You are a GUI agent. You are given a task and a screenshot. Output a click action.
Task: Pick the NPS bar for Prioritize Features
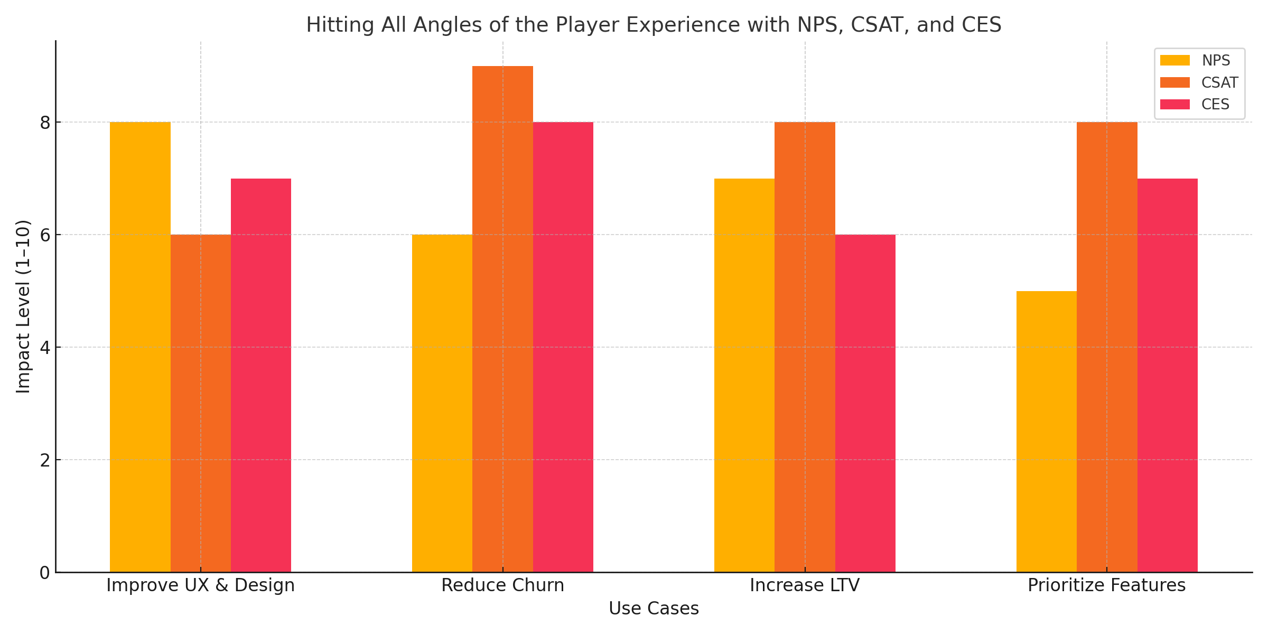(x=1046, y=431)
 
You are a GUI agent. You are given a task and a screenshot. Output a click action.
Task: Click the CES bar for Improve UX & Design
(x=261, y=375)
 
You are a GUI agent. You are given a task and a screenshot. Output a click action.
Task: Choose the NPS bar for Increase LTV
(x=744, y=375)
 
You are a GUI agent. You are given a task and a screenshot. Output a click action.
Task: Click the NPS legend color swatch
(x=1174, y=61)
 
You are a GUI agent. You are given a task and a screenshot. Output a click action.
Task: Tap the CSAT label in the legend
(x=1219, y=83)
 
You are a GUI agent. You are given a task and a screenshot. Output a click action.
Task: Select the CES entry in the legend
(x=1215, y=105)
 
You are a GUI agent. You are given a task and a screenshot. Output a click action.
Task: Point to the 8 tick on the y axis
(x=45, y=123)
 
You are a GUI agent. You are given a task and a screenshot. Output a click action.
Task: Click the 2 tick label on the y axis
(x=45, y=460)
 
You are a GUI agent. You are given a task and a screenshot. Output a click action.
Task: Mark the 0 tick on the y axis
(x=45, y=573)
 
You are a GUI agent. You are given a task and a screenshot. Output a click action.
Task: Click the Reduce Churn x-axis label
(x=502, y=585)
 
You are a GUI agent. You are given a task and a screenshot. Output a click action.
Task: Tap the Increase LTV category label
(x=805, y=585)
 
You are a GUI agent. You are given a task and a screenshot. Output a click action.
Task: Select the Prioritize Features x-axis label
(x=1106, y=585)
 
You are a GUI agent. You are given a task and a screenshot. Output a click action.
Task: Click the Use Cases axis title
(x=654, y=609)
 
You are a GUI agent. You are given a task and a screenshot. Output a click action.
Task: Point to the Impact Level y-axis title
(x=23, y=306)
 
